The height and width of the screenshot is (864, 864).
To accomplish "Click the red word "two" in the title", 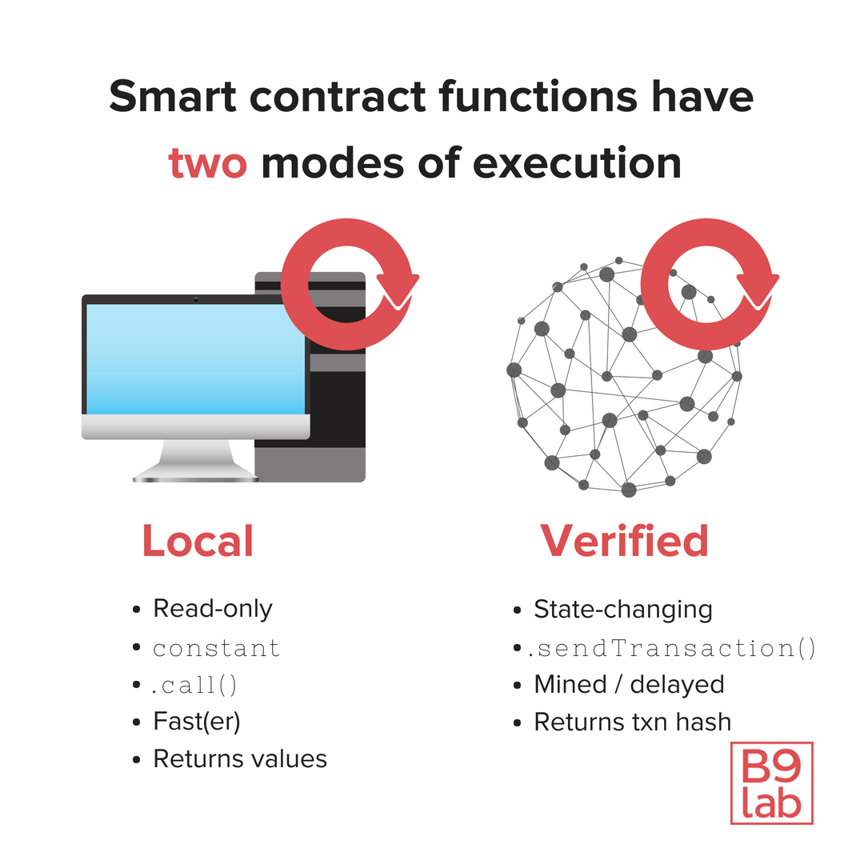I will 207,162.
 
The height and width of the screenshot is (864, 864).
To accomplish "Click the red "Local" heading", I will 198,541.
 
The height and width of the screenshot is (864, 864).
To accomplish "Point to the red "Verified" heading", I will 624,541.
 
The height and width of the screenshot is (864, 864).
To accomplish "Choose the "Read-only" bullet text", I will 213,609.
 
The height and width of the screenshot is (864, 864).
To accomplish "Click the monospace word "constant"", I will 217,648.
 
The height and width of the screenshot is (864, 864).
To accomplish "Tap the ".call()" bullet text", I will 196,685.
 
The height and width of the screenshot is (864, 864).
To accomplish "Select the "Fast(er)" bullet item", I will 197,722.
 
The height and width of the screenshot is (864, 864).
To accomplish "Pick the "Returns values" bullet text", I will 240,758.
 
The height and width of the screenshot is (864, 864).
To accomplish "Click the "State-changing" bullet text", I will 622,610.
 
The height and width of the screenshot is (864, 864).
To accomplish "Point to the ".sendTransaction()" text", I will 672,648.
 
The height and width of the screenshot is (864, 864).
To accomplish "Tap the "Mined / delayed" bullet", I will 629,685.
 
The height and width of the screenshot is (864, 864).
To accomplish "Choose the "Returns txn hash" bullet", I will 632,722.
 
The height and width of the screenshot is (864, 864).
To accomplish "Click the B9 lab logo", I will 771,783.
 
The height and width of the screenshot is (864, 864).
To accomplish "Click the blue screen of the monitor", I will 195,358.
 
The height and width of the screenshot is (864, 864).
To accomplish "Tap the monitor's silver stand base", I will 196,477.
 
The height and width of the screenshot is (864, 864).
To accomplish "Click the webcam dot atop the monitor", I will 196,300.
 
